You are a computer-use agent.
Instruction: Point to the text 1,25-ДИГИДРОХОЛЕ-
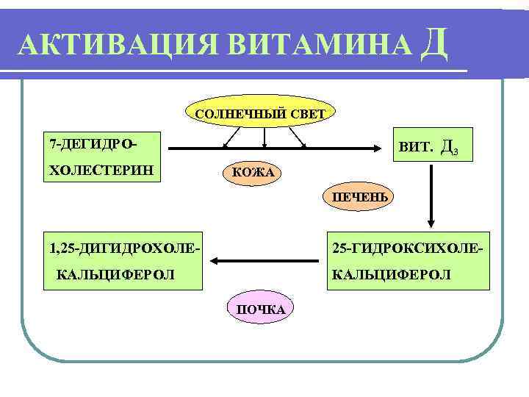pos(121,246)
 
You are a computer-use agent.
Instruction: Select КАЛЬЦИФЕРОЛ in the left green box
pos(115,274)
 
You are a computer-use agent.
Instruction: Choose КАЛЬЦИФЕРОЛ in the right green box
pos(391,274)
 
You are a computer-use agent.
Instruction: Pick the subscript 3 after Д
pos(456,153)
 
